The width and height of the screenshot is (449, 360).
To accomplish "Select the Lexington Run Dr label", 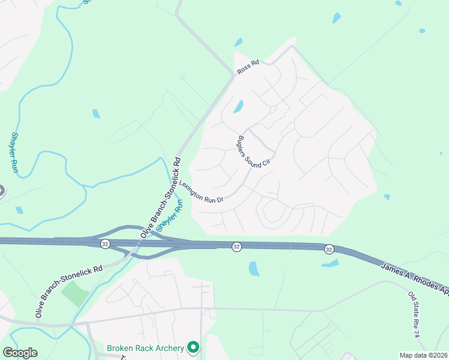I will [x=200, y=191].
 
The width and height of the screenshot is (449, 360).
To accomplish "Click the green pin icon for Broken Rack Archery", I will [x=193, y=347].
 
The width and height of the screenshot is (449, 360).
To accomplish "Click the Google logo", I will [x=20, y=353].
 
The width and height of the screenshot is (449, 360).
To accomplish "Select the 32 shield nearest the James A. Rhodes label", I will [x=328, y=249].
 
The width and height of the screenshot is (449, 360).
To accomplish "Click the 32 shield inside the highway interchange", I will [x=106, y=244].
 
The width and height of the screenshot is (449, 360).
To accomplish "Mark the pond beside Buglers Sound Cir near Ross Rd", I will [x=238, y=107].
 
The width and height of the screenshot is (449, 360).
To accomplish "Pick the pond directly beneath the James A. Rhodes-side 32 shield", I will [x=330, y=263].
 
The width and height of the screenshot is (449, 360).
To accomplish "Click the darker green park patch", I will [x=74, y=293].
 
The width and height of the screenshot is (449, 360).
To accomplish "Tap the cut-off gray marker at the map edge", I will [x=1, y=191].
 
